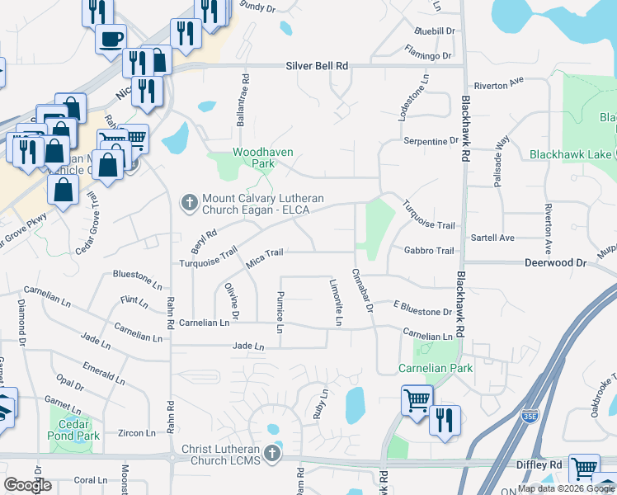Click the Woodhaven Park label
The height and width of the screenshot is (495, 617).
(x=252, y=158)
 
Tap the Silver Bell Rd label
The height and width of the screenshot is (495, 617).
(x=318, y=65)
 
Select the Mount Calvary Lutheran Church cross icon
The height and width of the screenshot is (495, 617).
(x=189, y=201)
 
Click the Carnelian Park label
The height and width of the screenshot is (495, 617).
(x=436, y=368)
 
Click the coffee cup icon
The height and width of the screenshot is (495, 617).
(x=111, y=37)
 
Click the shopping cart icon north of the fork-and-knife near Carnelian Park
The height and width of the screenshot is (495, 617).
(x=417, y=399)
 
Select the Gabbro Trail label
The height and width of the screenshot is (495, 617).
(x=429, y=250)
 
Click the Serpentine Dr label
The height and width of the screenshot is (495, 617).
(x=430, y=141)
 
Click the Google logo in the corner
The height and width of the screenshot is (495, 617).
(x=28, y=485)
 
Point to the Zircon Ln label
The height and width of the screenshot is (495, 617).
(x=137, y=432)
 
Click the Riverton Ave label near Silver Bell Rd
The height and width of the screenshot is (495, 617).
(x=499, y=82)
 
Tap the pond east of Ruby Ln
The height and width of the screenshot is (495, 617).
(x=355, y=404)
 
